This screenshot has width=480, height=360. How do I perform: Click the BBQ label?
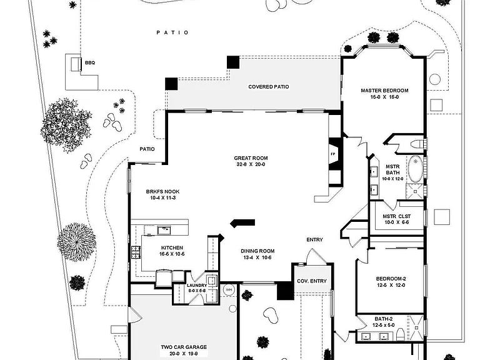pyautogui.click(x=90, y=62)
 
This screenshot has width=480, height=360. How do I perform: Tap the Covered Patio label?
pyautogui.click(x=269, y=87)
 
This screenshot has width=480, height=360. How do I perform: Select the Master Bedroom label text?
pyautogui.click(x=384, y=91)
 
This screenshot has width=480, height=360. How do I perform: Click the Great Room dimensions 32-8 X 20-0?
pyautogui.click(x=251, y=164)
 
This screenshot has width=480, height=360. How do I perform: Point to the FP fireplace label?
pyautogui.click(x=332, y=154)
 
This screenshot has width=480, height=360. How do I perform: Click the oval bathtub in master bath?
pyautogui.click(x=415, y=169)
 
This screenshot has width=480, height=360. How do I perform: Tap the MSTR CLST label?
pyautogui.click(x=397, y=216)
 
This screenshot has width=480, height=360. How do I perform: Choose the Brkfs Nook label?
pyautogui.click(x=162, y=192)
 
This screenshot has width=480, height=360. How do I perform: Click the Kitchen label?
pyautogui.click(x=172, y=247)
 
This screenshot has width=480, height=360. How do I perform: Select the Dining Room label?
pyautogui.click(x=257, y=251)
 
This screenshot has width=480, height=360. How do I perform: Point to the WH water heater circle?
pyautogui.click(x=229, y=289)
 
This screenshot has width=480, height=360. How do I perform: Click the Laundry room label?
pyautogui.click(x=197, y=286)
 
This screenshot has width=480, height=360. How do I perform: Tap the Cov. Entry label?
pyautogui.click(x=312, y=281)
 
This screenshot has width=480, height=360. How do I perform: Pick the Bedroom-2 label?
pyautogui.click(x=391, y=279)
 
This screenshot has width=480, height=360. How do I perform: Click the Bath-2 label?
pyautogui.click(x=384, y=319)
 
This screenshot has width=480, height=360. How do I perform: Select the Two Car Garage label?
pyautogui.click(x=184, y=347)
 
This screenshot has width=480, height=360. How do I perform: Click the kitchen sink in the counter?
pyautogui.click(x=164, y=230)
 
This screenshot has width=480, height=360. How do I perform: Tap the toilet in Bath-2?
pyautogui.click(x=401, y=334)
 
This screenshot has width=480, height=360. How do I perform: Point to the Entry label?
pyautogui.click(x=315, y=240)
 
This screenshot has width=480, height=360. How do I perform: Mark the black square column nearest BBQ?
pyautogui.click(x=171, y=84)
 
